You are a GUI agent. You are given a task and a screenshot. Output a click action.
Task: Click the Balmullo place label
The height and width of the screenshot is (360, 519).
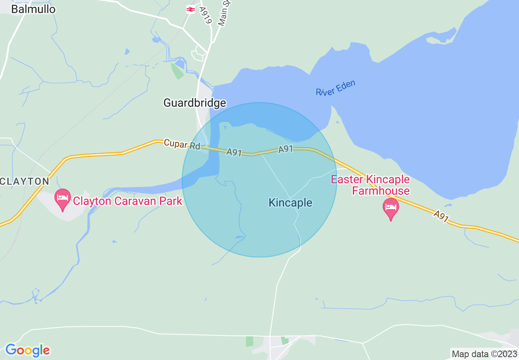(x=33, y=9)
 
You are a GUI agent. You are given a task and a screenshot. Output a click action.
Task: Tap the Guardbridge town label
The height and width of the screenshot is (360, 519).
(x=194, y=103)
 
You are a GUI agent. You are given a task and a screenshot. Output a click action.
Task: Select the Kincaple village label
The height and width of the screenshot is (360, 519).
(x=290, y=202)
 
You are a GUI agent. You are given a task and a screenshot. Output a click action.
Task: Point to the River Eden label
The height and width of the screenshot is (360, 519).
(x=336, y=88)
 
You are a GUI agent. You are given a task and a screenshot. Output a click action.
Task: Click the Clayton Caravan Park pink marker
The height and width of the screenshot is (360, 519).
(x=63, y=199)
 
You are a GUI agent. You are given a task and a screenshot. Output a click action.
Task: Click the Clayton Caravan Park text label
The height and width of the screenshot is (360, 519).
(x=127, y=201)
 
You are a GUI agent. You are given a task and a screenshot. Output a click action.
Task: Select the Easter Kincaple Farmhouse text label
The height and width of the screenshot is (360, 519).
(x=370, y=185)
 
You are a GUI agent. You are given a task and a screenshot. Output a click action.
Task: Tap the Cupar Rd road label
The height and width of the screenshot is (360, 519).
(x=182, y=144)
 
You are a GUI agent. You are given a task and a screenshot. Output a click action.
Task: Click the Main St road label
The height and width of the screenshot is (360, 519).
(x=225, y=13)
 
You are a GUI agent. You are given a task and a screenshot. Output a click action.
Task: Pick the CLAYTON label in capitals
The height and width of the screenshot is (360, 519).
(x=25, y=181)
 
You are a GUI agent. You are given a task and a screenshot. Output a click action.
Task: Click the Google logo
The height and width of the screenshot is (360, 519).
(x=27, y=350)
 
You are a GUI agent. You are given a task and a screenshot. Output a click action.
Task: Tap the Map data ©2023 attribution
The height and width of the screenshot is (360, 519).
(x=484, y=353)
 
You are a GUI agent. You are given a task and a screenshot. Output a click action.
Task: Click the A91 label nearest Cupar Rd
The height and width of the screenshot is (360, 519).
(x=234, y=153)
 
